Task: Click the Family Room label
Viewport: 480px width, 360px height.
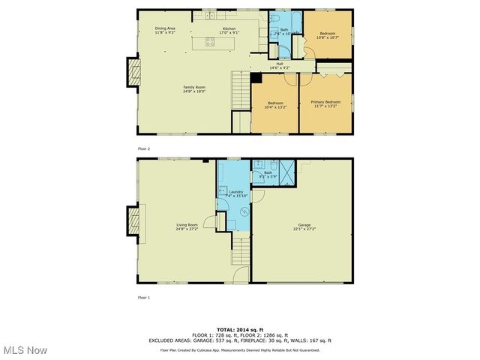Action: [194, 88]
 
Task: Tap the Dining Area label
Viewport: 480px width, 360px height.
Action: [165, 30]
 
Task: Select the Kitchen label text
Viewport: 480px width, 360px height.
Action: [229, 30]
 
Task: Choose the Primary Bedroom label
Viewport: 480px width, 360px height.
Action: [325, 103]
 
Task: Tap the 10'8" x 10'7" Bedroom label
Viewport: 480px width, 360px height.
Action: [328, 34]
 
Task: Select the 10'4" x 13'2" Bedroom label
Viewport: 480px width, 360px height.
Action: [275, 106]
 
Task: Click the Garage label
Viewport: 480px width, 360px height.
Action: [304, 226]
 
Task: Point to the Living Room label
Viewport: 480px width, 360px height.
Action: [187, 226]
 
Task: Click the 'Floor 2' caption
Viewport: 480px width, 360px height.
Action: [144, 148]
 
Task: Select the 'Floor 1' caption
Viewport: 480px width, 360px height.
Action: [144, 298]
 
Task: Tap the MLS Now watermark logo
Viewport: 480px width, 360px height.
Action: [24, 349]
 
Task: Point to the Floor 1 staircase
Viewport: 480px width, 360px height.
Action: [240, 251]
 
